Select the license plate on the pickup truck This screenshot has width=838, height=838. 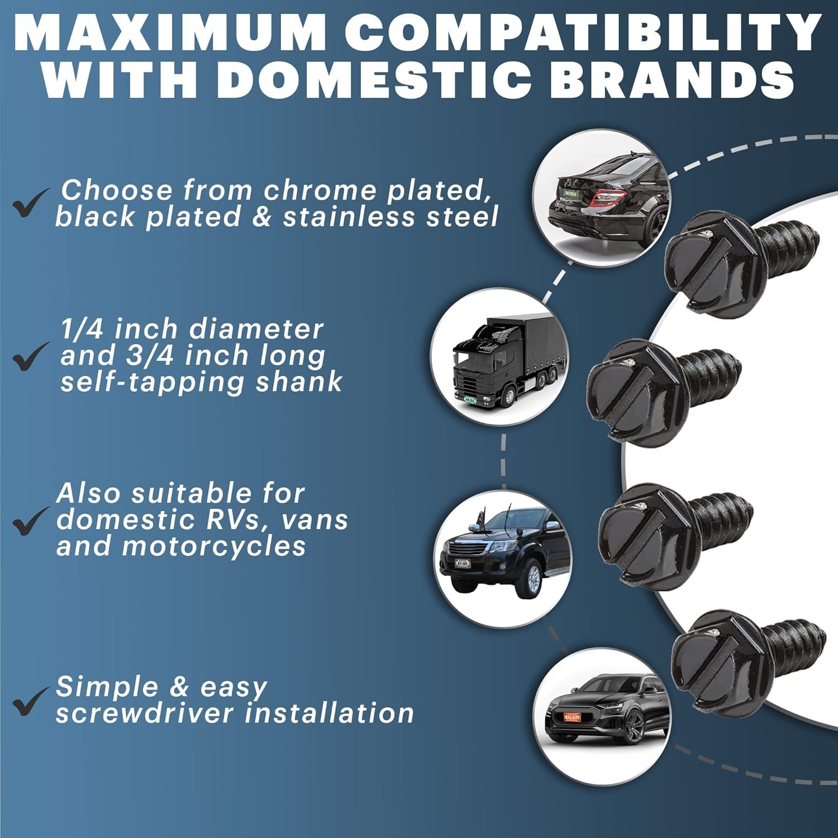pyautogui.click(x=462, y=563)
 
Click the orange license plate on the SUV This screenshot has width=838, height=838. pyautogui.click(x=572, y=717)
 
